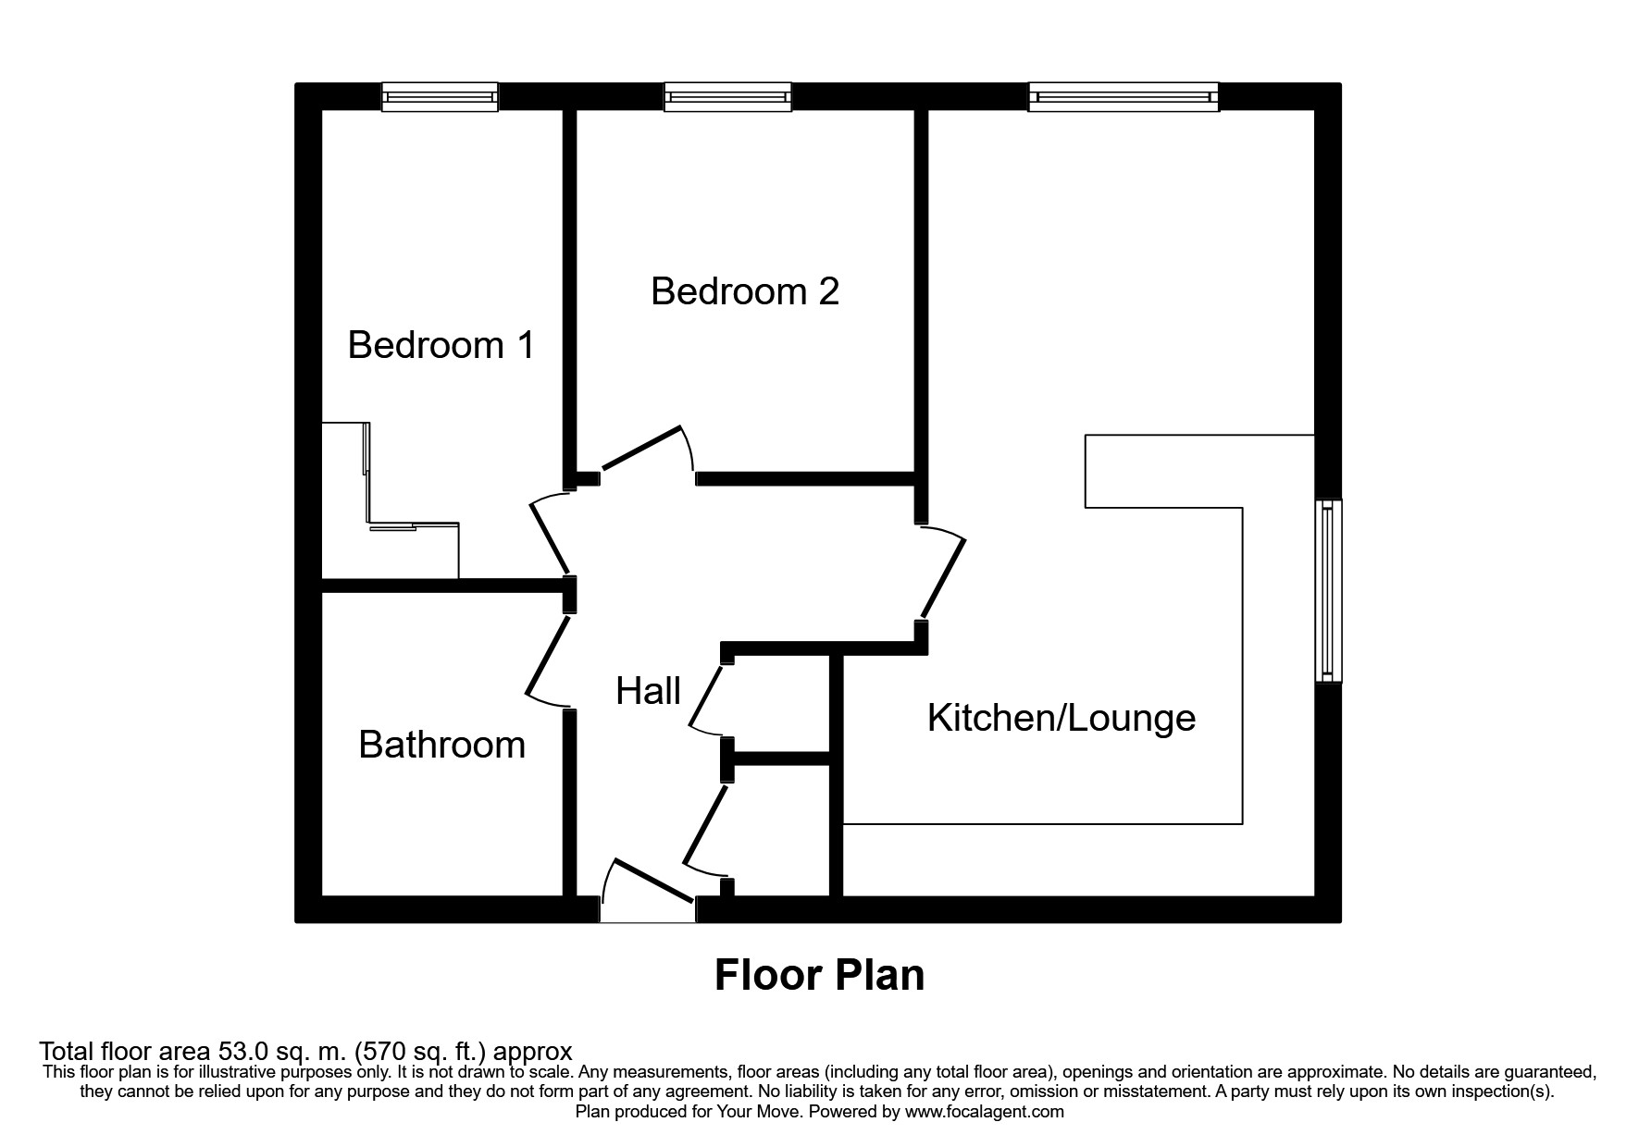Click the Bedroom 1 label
441,345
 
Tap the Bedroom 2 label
745,291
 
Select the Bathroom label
441,745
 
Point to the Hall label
648,691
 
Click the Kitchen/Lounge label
1062,718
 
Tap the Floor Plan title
819,975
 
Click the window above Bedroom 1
441,96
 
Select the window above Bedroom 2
727,96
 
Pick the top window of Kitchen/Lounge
1123,96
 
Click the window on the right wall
1329,590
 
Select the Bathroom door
546,659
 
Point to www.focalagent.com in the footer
984,1112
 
